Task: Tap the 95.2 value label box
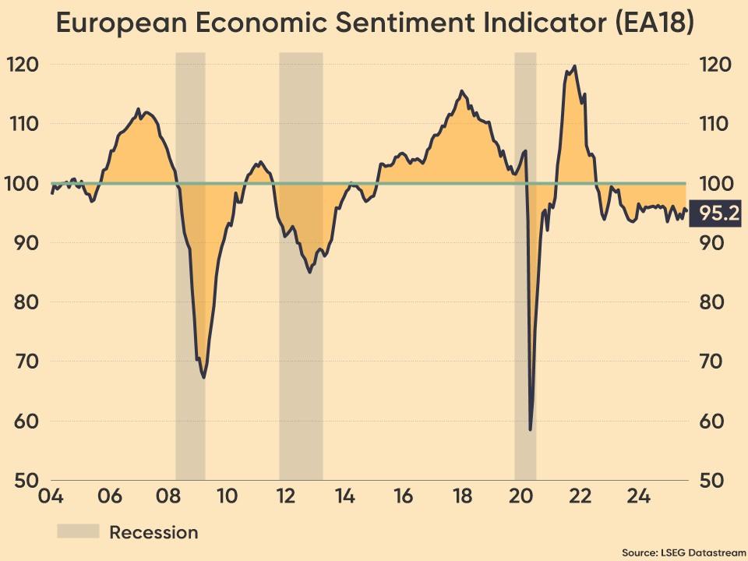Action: [x=718, y=213]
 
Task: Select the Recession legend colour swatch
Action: [x=78, y=531]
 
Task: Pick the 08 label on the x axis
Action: [x=168, y=496]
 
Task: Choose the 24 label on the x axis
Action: [x=638, y=496]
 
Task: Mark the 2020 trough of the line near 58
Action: [x=530, y=429]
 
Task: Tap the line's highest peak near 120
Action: [x=574, y=66]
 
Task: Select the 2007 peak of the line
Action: [x=139, y=109]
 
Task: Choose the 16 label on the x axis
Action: [x=403, y=496]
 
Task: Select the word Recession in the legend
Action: [x=153, y=532]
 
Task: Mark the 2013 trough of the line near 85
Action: [x=310, y=272]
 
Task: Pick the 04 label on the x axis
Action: [x=51, y=496]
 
